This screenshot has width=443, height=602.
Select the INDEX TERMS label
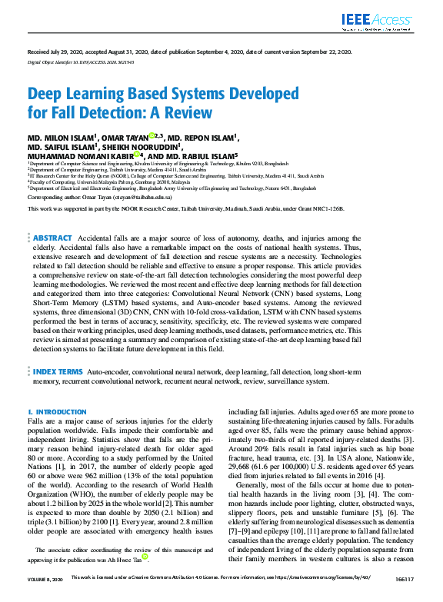[x=57, y=371]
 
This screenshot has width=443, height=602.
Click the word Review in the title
[x=190, y=112]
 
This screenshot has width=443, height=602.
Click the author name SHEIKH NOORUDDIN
[x=141, y=146]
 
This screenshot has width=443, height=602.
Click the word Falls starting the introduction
[x=36, y=423]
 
